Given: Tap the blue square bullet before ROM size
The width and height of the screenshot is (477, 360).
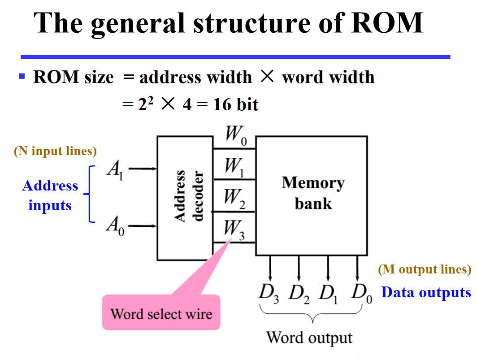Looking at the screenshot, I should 22,76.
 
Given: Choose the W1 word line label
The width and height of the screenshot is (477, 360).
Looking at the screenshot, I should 234,168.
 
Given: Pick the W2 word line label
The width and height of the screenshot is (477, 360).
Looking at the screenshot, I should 234,198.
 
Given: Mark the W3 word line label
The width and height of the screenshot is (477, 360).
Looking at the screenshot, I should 234,229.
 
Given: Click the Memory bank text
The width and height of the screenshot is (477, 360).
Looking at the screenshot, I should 313,193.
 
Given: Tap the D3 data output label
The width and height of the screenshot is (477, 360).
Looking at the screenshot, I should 269,294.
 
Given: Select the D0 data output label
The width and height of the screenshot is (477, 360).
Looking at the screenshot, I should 361,293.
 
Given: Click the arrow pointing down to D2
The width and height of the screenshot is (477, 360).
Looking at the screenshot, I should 299,269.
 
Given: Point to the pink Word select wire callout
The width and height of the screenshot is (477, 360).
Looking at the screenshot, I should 161,312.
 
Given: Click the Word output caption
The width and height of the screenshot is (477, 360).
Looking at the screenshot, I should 309,337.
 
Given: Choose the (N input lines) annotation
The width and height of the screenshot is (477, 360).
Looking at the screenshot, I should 56,152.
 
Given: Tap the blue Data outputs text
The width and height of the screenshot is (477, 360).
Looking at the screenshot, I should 426,293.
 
